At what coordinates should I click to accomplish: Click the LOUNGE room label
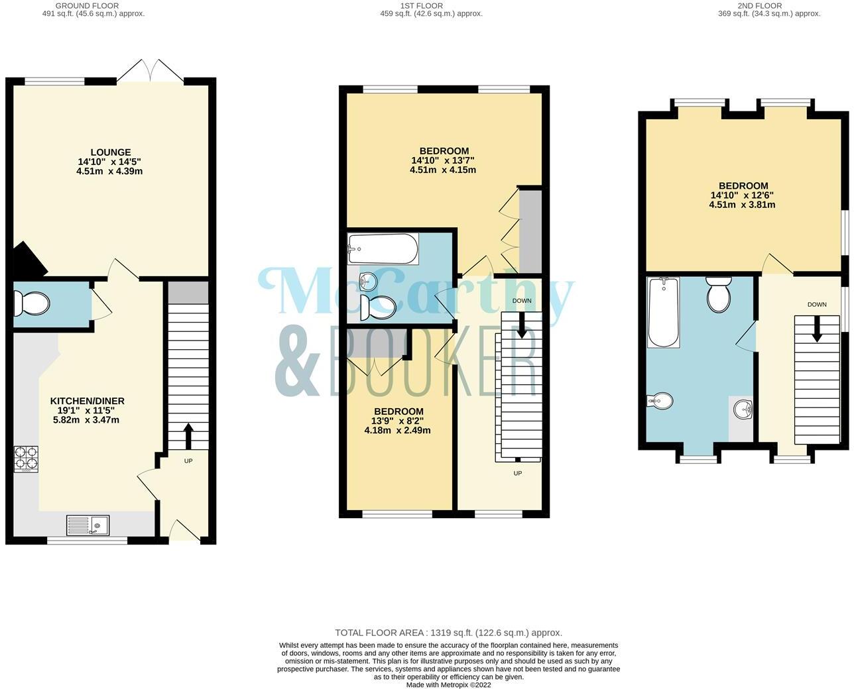tap(111, 152)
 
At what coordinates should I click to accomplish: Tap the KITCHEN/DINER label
tap(88, 401)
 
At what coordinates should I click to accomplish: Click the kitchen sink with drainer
tap(89, 525)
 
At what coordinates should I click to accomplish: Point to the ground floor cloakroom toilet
tap(34, 304)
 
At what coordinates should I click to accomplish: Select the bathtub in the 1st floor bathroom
tap(383, 248)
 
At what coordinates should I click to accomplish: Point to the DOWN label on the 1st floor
tap(522, 301)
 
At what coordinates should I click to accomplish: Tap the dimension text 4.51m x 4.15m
tap(442, 170)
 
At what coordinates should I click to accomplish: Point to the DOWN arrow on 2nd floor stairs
tap(816, 328)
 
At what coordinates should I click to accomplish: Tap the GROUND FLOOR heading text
tap(87, 5)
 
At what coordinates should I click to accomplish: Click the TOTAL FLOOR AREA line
tap(448, 633)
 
